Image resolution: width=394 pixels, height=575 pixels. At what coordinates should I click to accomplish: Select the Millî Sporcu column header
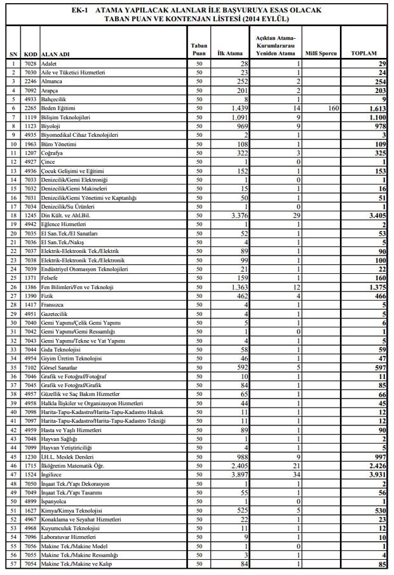tap(321, 53)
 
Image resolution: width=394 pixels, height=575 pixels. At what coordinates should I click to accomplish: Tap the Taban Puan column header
tap(198, 49)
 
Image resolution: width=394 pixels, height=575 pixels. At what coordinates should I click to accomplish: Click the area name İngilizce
tap(55, 474)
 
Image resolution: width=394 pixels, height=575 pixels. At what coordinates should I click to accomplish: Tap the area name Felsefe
tap(50, 278)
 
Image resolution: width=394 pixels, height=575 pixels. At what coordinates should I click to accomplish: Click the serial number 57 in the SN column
tap(14, 564)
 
